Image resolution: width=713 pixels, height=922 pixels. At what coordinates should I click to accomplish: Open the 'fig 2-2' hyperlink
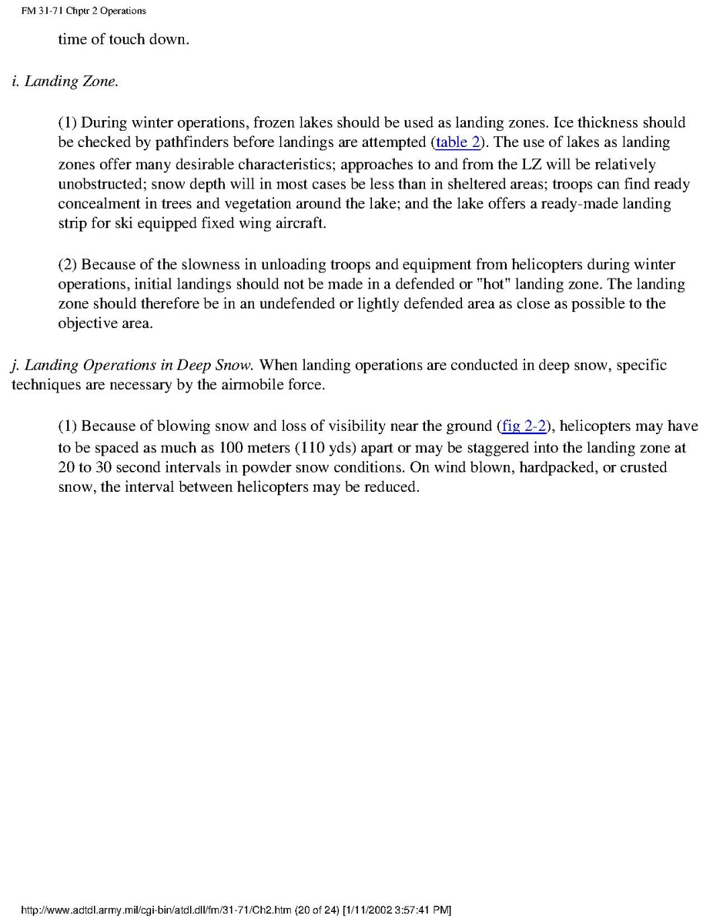(523, 426)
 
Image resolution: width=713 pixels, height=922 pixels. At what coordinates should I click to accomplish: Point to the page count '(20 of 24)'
(316, 910)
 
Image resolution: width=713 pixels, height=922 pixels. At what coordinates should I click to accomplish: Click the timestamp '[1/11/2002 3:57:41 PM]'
(397, 910)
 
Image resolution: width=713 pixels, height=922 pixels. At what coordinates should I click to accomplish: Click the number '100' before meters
(232, 447)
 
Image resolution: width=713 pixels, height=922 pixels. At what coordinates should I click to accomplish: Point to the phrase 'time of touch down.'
(123, 38)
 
